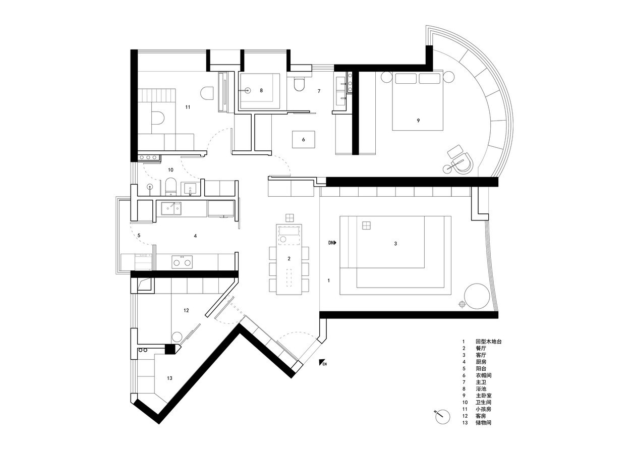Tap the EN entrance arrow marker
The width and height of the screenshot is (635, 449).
[323, 363]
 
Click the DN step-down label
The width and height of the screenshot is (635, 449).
[332, 243]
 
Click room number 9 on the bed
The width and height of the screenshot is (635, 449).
[418, 121]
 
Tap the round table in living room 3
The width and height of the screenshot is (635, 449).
[477, 296]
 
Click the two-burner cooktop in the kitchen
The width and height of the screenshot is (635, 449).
[182, 262]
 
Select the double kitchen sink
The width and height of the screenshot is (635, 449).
[171, 208]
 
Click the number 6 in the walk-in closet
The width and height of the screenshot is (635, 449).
[303, 140]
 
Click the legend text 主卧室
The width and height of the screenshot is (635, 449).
[483, 396]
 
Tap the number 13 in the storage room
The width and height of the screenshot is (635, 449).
[169, 378]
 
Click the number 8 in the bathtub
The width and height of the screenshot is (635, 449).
[261, 90]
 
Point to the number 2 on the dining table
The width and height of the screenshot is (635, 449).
[289, 259]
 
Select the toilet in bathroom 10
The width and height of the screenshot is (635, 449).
[170, 186]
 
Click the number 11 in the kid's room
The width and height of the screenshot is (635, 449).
[188, 107]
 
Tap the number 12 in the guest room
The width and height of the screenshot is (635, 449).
[186, 311]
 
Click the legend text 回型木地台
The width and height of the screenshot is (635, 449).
[489, 341]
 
